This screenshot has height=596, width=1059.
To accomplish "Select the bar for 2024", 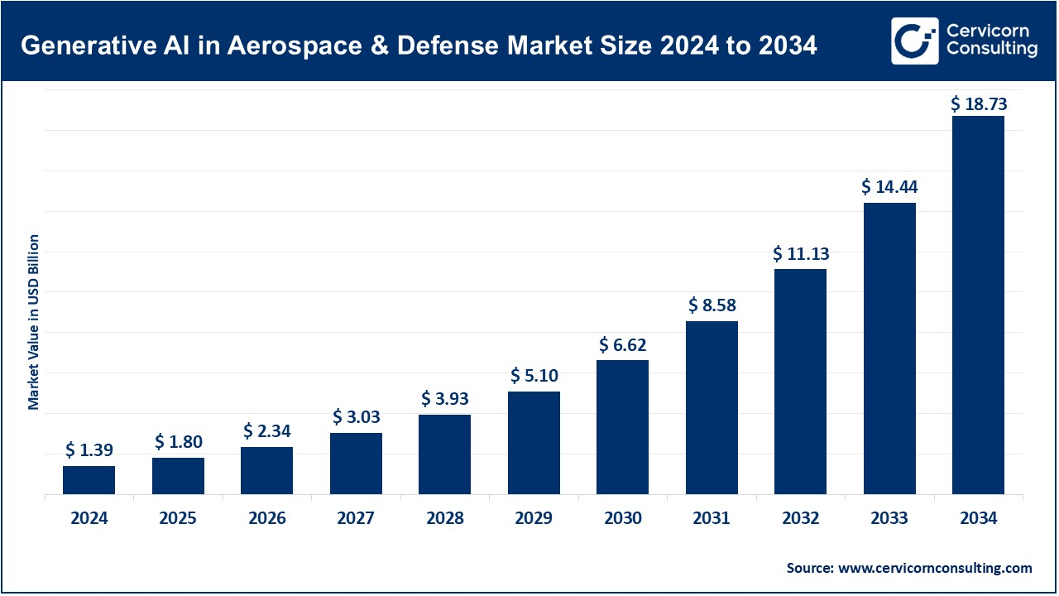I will (89, 480).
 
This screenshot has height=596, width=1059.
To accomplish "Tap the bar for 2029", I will (534, 443).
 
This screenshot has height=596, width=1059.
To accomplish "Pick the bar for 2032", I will (800, 382).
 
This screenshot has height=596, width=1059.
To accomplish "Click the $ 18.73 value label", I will (978, 103).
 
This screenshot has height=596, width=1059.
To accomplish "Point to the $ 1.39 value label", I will (89, 451).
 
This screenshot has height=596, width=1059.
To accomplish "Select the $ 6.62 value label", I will (622, 345).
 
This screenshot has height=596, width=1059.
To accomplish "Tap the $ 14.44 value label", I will (889, 188).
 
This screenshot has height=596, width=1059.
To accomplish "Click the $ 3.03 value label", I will (356, 416).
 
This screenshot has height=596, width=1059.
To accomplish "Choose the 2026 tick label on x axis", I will (266, 519).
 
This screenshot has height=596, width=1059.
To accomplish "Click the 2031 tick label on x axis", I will (712, 519).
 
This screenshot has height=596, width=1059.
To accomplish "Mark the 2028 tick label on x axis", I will (444, 519).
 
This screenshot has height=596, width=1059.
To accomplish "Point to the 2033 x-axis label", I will (889, 519).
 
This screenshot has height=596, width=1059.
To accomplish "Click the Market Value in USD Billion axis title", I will (34, 322).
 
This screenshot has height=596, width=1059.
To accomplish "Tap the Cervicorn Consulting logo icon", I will (914, 41).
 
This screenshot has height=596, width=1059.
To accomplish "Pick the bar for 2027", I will (356, 464).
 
